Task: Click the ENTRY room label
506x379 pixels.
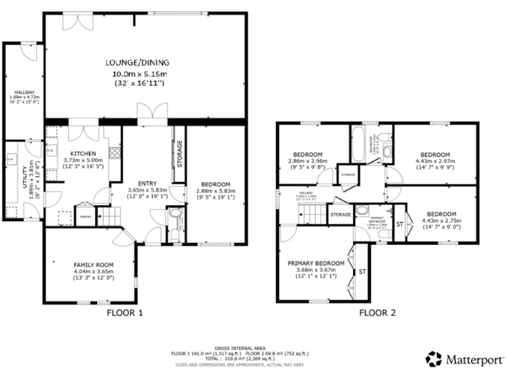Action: (x=147, y=184)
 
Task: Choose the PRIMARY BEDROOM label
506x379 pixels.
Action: (x=316, y=262)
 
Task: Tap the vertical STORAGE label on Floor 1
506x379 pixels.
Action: (x=179, y=153)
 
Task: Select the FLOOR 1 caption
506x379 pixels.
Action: (x=125, y=313)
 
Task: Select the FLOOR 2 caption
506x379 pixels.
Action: (x=377, y=313)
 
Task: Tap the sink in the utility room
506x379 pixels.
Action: (x=11, y=159)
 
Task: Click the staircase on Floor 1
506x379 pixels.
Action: (x=111, y=215)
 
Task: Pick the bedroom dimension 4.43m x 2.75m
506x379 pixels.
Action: (x=440, y=221)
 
